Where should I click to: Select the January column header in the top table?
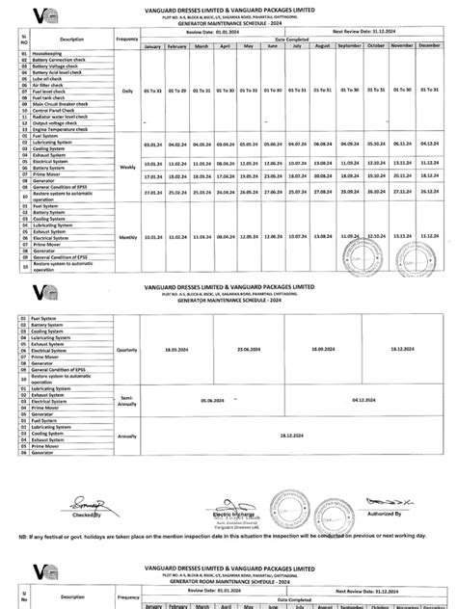(153, 45)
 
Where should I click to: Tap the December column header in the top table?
(429, 45)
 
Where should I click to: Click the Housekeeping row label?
(49, 53)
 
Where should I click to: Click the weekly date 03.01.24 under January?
(153, 142)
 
